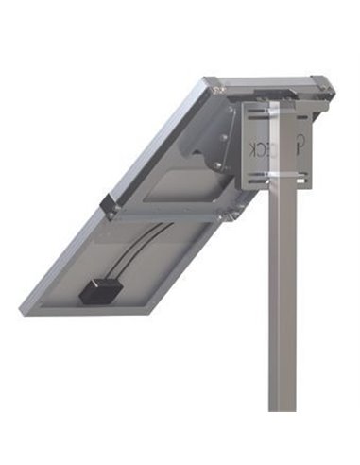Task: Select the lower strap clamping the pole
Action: pyautogui.click(x=283, y=175)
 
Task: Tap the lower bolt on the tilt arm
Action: pyautogui.click(x=219, y=166)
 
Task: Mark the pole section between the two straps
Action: pyautogui.click(x=283, y=147)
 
